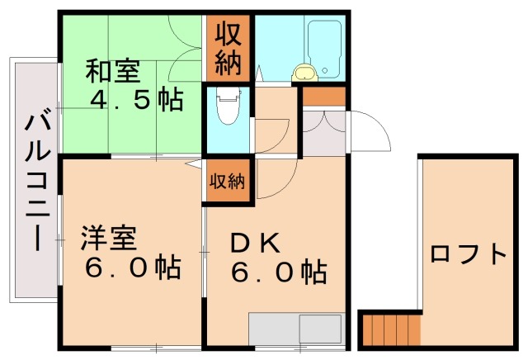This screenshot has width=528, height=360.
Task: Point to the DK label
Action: pyautogui.click(x=255, y=243)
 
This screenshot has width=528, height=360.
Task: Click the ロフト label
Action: pyautogui.click(x=468, y=253)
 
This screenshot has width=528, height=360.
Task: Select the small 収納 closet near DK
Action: pyautogui.click(x=224, y=181)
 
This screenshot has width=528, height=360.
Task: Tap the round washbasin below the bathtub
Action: pyautogui.click(x=305, y=73)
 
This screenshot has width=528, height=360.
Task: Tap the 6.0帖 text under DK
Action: pyautogui.click(x=277, y=270)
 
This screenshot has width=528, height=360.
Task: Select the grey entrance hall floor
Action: pyautogui.click(x=322, y=132)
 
